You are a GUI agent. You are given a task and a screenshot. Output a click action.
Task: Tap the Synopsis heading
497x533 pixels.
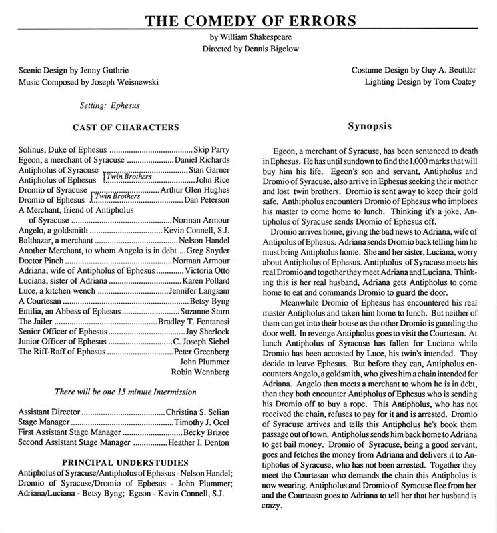tap(370, 126)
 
